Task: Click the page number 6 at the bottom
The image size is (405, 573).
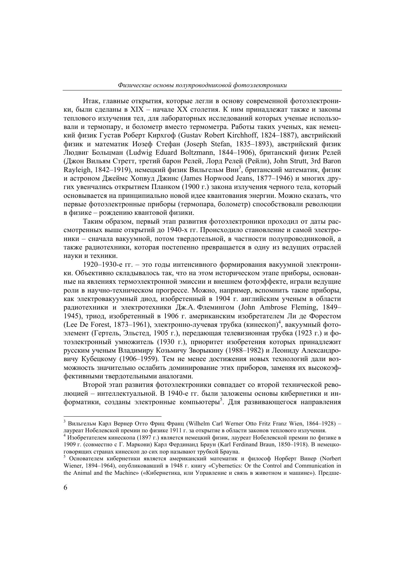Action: pos(66,487)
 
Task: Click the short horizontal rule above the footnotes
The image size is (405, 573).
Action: pos(113,416)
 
